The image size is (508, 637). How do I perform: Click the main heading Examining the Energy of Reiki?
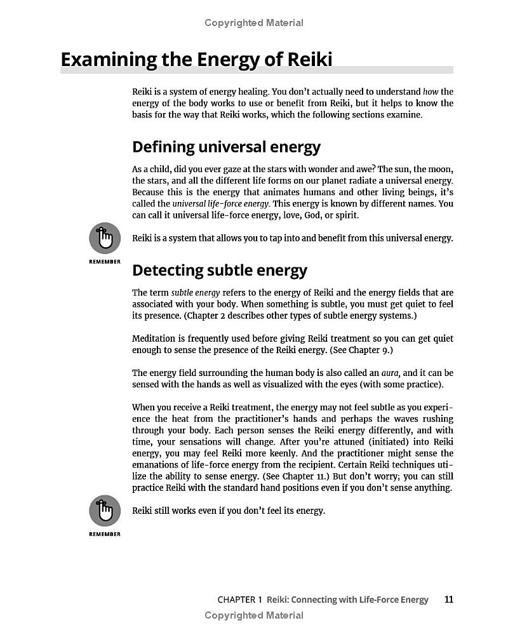(196, 60)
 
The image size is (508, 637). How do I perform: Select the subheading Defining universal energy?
(226, 147)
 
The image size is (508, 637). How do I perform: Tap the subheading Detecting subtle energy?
(219, 270)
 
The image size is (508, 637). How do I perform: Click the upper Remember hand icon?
(105, 238)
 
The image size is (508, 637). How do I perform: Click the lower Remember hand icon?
(105, 511)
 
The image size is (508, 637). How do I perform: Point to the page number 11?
(449, 599)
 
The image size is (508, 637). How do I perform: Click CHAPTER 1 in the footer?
(239, 600)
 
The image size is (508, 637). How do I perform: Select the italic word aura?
(391, 373)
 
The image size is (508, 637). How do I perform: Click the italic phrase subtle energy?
(195, 293)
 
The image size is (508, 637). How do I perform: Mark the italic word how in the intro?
(430, 91)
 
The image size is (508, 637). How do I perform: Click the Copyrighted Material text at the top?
(254, 23)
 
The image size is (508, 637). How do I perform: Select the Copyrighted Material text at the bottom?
(254, 615)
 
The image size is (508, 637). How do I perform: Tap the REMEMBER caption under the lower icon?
(105, 534)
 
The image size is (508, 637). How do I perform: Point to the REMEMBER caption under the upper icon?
(105, 262)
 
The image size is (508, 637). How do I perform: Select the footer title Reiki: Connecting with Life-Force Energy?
(347, 600)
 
